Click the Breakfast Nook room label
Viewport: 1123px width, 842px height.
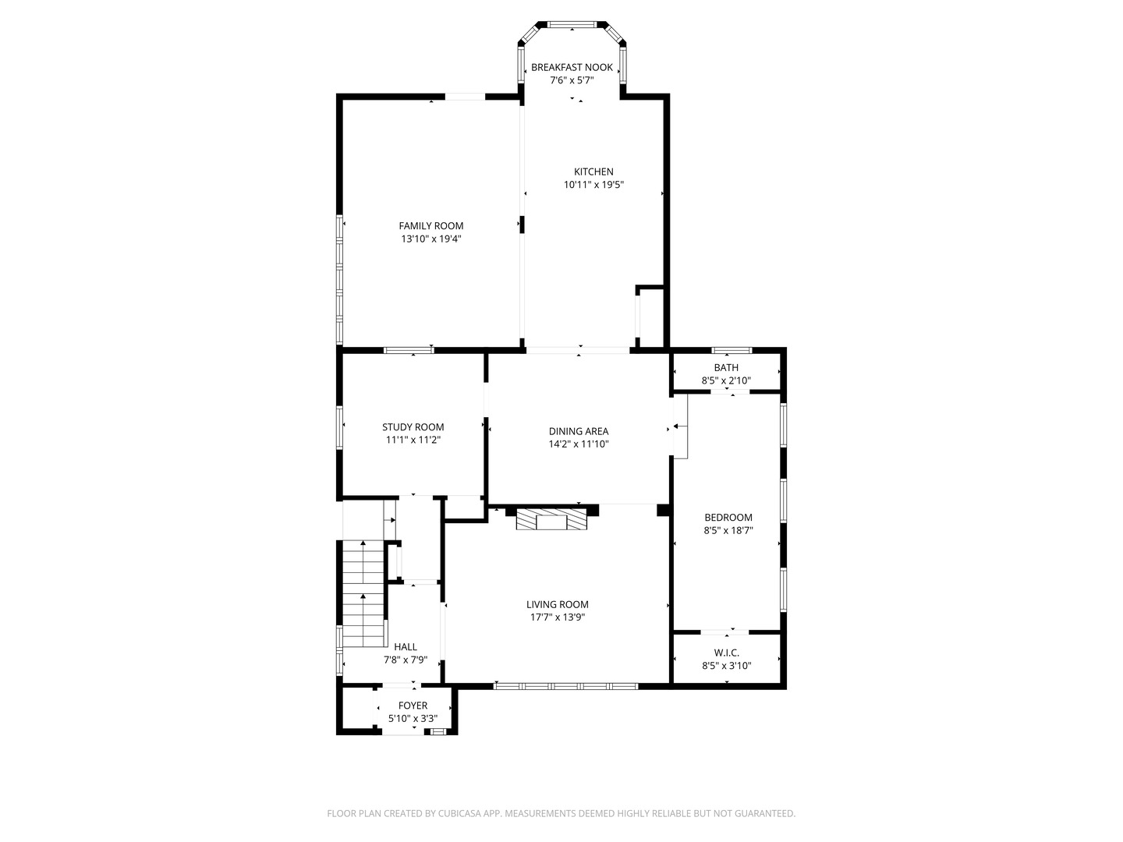point(572,67)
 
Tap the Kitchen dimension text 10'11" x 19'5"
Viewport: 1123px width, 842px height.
point(593,185)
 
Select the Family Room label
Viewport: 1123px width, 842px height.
point(431,226)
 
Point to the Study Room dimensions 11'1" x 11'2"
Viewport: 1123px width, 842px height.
point(413,440)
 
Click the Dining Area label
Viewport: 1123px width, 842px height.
point(578,431)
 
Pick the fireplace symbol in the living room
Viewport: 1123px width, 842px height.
point(552,520)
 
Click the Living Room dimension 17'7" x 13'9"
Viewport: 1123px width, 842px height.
point(557,617)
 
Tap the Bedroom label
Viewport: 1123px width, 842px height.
point(728,517)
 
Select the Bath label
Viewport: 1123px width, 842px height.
point(725,367)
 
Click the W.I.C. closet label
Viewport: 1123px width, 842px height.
point(726,653)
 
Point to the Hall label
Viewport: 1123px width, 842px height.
point(405,646)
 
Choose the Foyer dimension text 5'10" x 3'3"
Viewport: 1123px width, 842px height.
point(413,718)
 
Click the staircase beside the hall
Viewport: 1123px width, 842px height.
point(363,593)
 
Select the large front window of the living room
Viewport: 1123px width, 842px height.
point(565,686)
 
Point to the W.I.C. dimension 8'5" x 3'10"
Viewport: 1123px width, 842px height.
point(726,666)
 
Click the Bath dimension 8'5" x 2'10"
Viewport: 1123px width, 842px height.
point(725,380)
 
